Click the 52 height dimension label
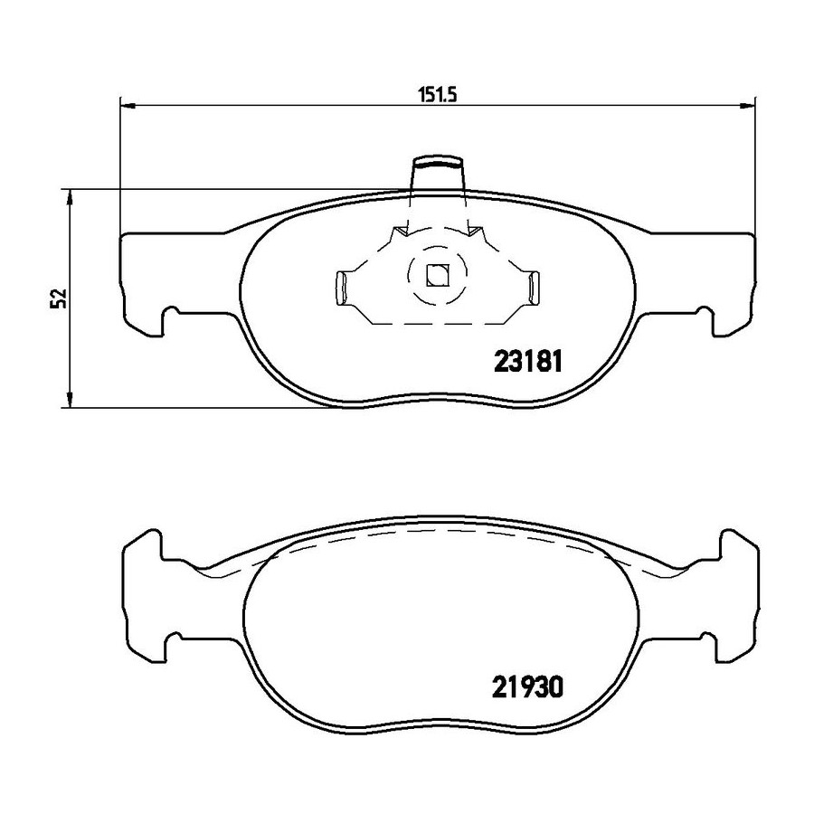pos(58,298)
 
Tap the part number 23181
pos(528,362)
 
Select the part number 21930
pos(527,688)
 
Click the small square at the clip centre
pos(437,275)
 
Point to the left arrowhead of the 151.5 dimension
pos(128,107)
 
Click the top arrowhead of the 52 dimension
pos(69,197)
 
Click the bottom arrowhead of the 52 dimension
pos(69,399)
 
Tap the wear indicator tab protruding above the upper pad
pos(437,174)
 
